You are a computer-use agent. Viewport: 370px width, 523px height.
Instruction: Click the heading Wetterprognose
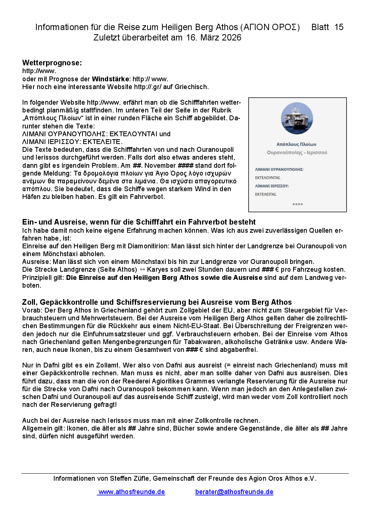(x=52, y=63)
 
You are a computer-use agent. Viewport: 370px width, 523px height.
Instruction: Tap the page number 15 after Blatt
(x=339, y=27)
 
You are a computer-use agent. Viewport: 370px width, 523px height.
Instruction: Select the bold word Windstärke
(x=111, y=79)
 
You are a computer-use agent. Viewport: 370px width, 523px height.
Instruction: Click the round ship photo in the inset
(x=297, y=118)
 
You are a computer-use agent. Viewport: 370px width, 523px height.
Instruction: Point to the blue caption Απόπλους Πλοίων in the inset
(x=296, y=144)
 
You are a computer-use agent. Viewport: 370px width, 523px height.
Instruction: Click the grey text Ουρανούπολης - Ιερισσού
(x=297, y=153)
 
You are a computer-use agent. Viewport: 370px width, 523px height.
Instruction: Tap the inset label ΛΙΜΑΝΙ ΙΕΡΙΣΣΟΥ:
(x=272, y=186)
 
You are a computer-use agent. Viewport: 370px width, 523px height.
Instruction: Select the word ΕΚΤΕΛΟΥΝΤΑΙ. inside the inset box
(x=268, y=178)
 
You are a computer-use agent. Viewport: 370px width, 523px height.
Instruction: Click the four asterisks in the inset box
(x=298, y=205)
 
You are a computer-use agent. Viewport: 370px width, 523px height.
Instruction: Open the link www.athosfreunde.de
(x=132, y=492)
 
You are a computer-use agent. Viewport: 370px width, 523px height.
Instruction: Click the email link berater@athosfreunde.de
(x=234, y=492)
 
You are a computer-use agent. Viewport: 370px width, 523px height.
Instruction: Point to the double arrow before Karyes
(x=142, y=269)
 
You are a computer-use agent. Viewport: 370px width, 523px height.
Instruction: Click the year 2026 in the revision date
(x=231, y=37)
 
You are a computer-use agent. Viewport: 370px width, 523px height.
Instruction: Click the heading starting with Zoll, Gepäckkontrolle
(x=157, y=302)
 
